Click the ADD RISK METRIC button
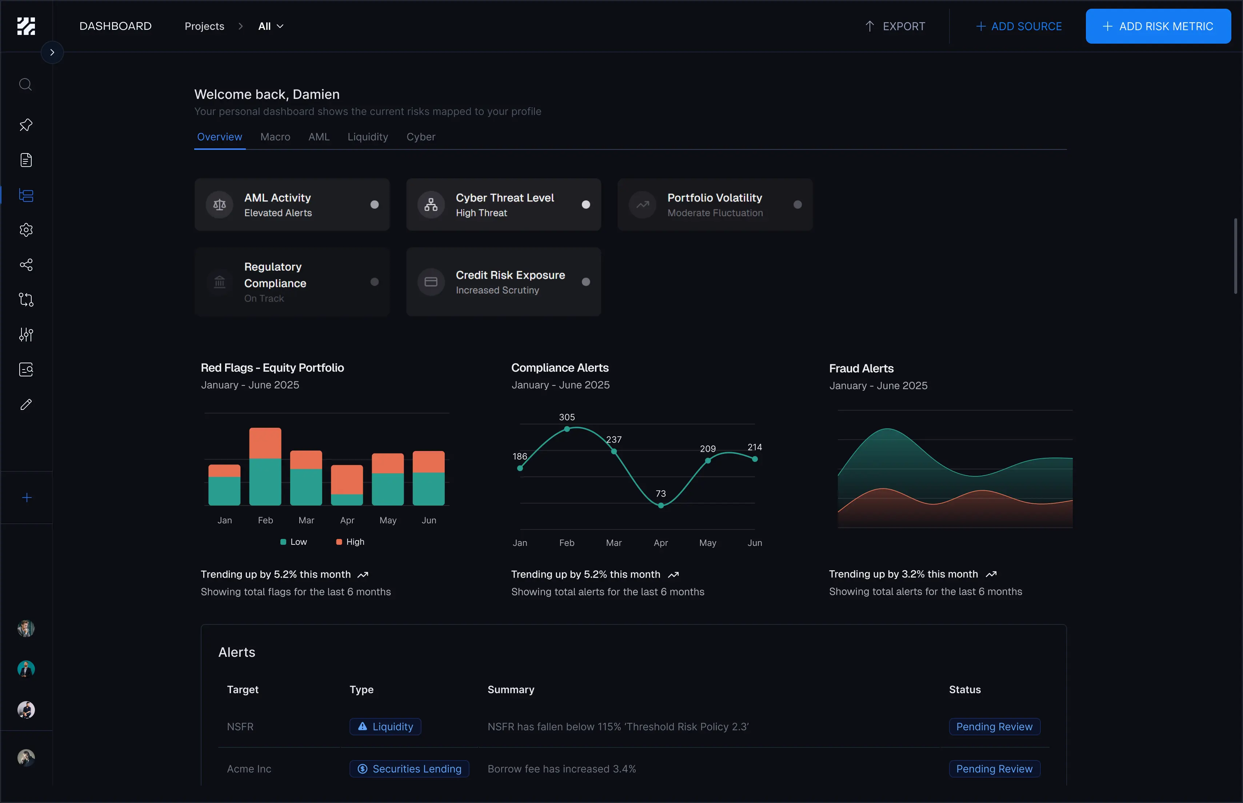click(x=1158, y=26)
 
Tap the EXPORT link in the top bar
click(x=895, y=26)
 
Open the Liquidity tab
click(x=368, y=137)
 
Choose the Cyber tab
click(x=420, y=137)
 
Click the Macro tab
click(x=275, y=137)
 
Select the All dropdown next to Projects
click(x=270, y=26)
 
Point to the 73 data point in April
click(x=661, y=505)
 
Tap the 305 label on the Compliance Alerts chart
click(x=567, y=417)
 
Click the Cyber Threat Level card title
click(x=504, y=197)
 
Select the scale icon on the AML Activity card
click(x=220, y=204)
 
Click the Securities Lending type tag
click(x=409, y=768)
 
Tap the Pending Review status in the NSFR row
click(x=994, y=726)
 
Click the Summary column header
click(x=511, y=689)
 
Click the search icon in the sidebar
click(x=25, y=84)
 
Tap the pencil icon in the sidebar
click(x=25, y=405)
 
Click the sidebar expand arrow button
click(x=52, y=52)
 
